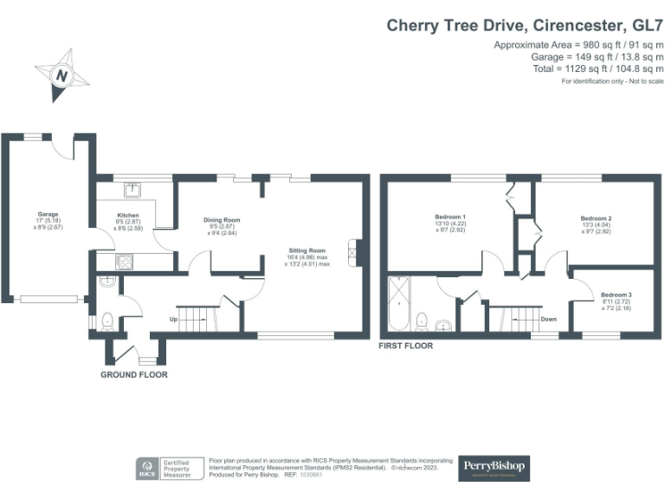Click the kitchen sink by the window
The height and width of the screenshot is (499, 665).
coord(133,189)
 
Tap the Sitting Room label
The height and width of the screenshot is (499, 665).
coord(307,251)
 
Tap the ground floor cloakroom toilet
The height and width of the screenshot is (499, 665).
coord(107,322)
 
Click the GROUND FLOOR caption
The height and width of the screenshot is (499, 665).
coord(134,375)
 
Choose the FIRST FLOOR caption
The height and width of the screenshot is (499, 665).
coord(406,346)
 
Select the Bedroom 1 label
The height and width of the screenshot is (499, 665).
coord(452,217)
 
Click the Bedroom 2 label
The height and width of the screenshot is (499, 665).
coord(597,217)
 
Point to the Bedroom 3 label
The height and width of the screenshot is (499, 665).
coord(616,295)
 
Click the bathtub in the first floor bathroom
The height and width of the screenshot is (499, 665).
coord(398,304)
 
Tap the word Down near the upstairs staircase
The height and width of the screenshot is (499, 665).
coord(548,319)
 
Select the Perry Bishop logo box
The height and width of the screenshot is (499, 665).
coord(493,468)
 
